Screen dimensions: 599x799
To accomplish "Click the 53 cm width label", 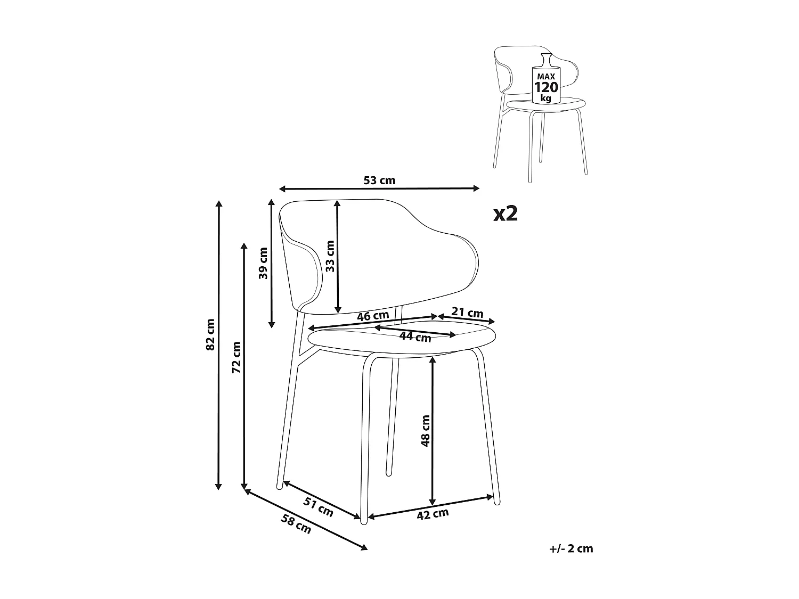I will (379, 180).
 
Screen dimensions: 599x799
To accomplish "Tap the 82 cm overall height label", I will (210, 334).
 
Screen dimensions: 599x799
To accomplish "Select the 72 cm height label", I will (237, 356).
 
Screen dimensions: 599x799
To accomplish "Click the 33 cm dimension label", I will (330, 257).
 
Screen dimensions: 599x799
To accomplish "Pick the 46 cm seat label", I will (373, 316).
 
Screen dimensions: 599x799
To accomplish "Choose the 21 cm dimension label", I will (467, 312).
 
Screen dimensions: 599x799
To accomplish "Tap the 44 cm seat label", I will (415, 337).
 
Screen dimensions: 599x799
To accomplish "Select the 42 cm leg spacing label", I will (433, 514).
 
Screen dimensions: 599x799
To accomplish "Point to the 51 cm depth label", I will (319, 506).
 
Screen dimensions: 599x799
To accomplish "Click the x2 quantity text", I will (505, 214).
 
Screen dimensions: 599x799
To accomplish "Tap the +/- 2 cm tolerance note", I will (571, 548).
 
